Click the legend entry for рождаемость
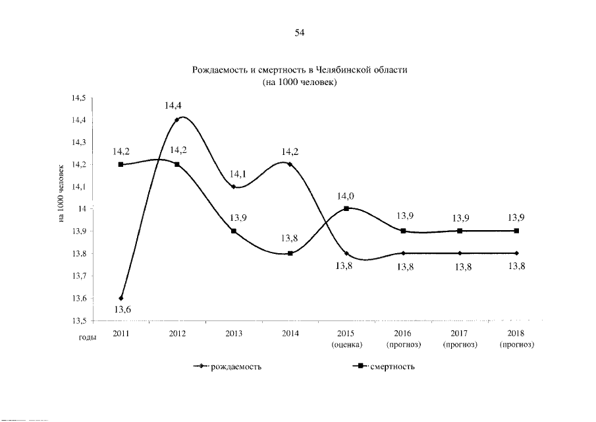pyautogui.click(x=227, y=367)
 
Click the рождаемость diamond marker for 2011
pyautogui.click(x=121, y=298)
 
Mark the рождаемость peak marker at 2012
pyautogui.click(x=177, y=120)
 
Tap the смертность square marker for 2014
pyautogui.click(x=290, y=253)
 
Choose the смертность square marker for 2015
pyautogui.click(x=346, y=208)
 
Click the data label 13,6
pyautogui.click(x=123, y=309)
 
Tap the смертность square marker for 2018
pyautogui.click(x=516, y=231)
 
